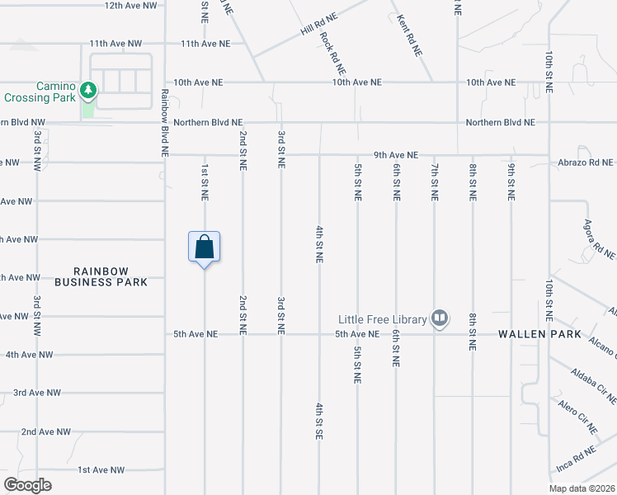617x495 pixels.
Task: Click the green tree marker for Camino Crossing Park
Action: coord(88,89)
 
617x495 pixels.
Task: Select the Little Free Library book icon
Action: coord(440,318)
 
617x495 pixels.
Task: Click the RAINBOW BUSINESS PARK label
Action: coord(101,276)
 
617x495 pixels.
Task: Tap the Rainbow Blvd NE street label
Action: coord(165,123)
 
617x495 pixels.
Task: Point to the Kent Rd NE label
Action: coord(409,35)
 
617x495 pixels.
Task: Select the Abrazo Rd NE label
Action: coord(585,162)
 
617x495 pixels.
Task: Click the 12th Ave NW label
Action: coord(130,5)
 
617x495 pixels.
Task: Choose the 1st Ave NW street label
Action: coord(101,469)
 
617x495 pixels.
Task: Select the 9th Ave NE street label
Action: coord(396,154)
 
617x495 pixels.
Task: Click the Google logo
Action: coord(27,484)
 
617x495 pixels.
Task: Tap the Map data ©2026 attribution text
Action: coord(582,488)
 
